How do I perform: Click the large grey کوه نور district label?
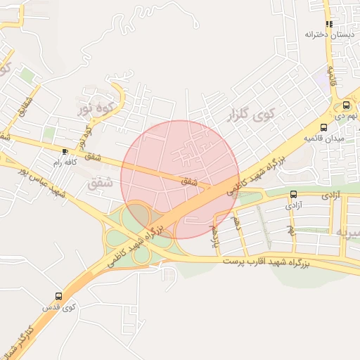click(x=95, y=108)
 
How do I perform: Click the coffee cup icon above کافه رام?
click(x=65, y=151)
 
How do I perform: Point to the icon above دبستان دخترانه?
click(x=329, y=24)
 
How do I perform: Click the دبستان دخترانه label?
click(x=328, y=34)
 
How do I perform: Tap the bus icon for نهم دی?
click(x=346, y=104)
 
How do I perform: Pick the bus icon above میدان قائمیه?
click(x=323, y=127)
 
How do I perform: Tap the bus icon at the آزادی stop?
click(x=293, y=194)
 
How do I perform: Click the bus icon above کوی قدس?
click(x=58, y=296)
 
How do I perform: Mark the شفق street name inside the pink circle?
click(x=189, y=181)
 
